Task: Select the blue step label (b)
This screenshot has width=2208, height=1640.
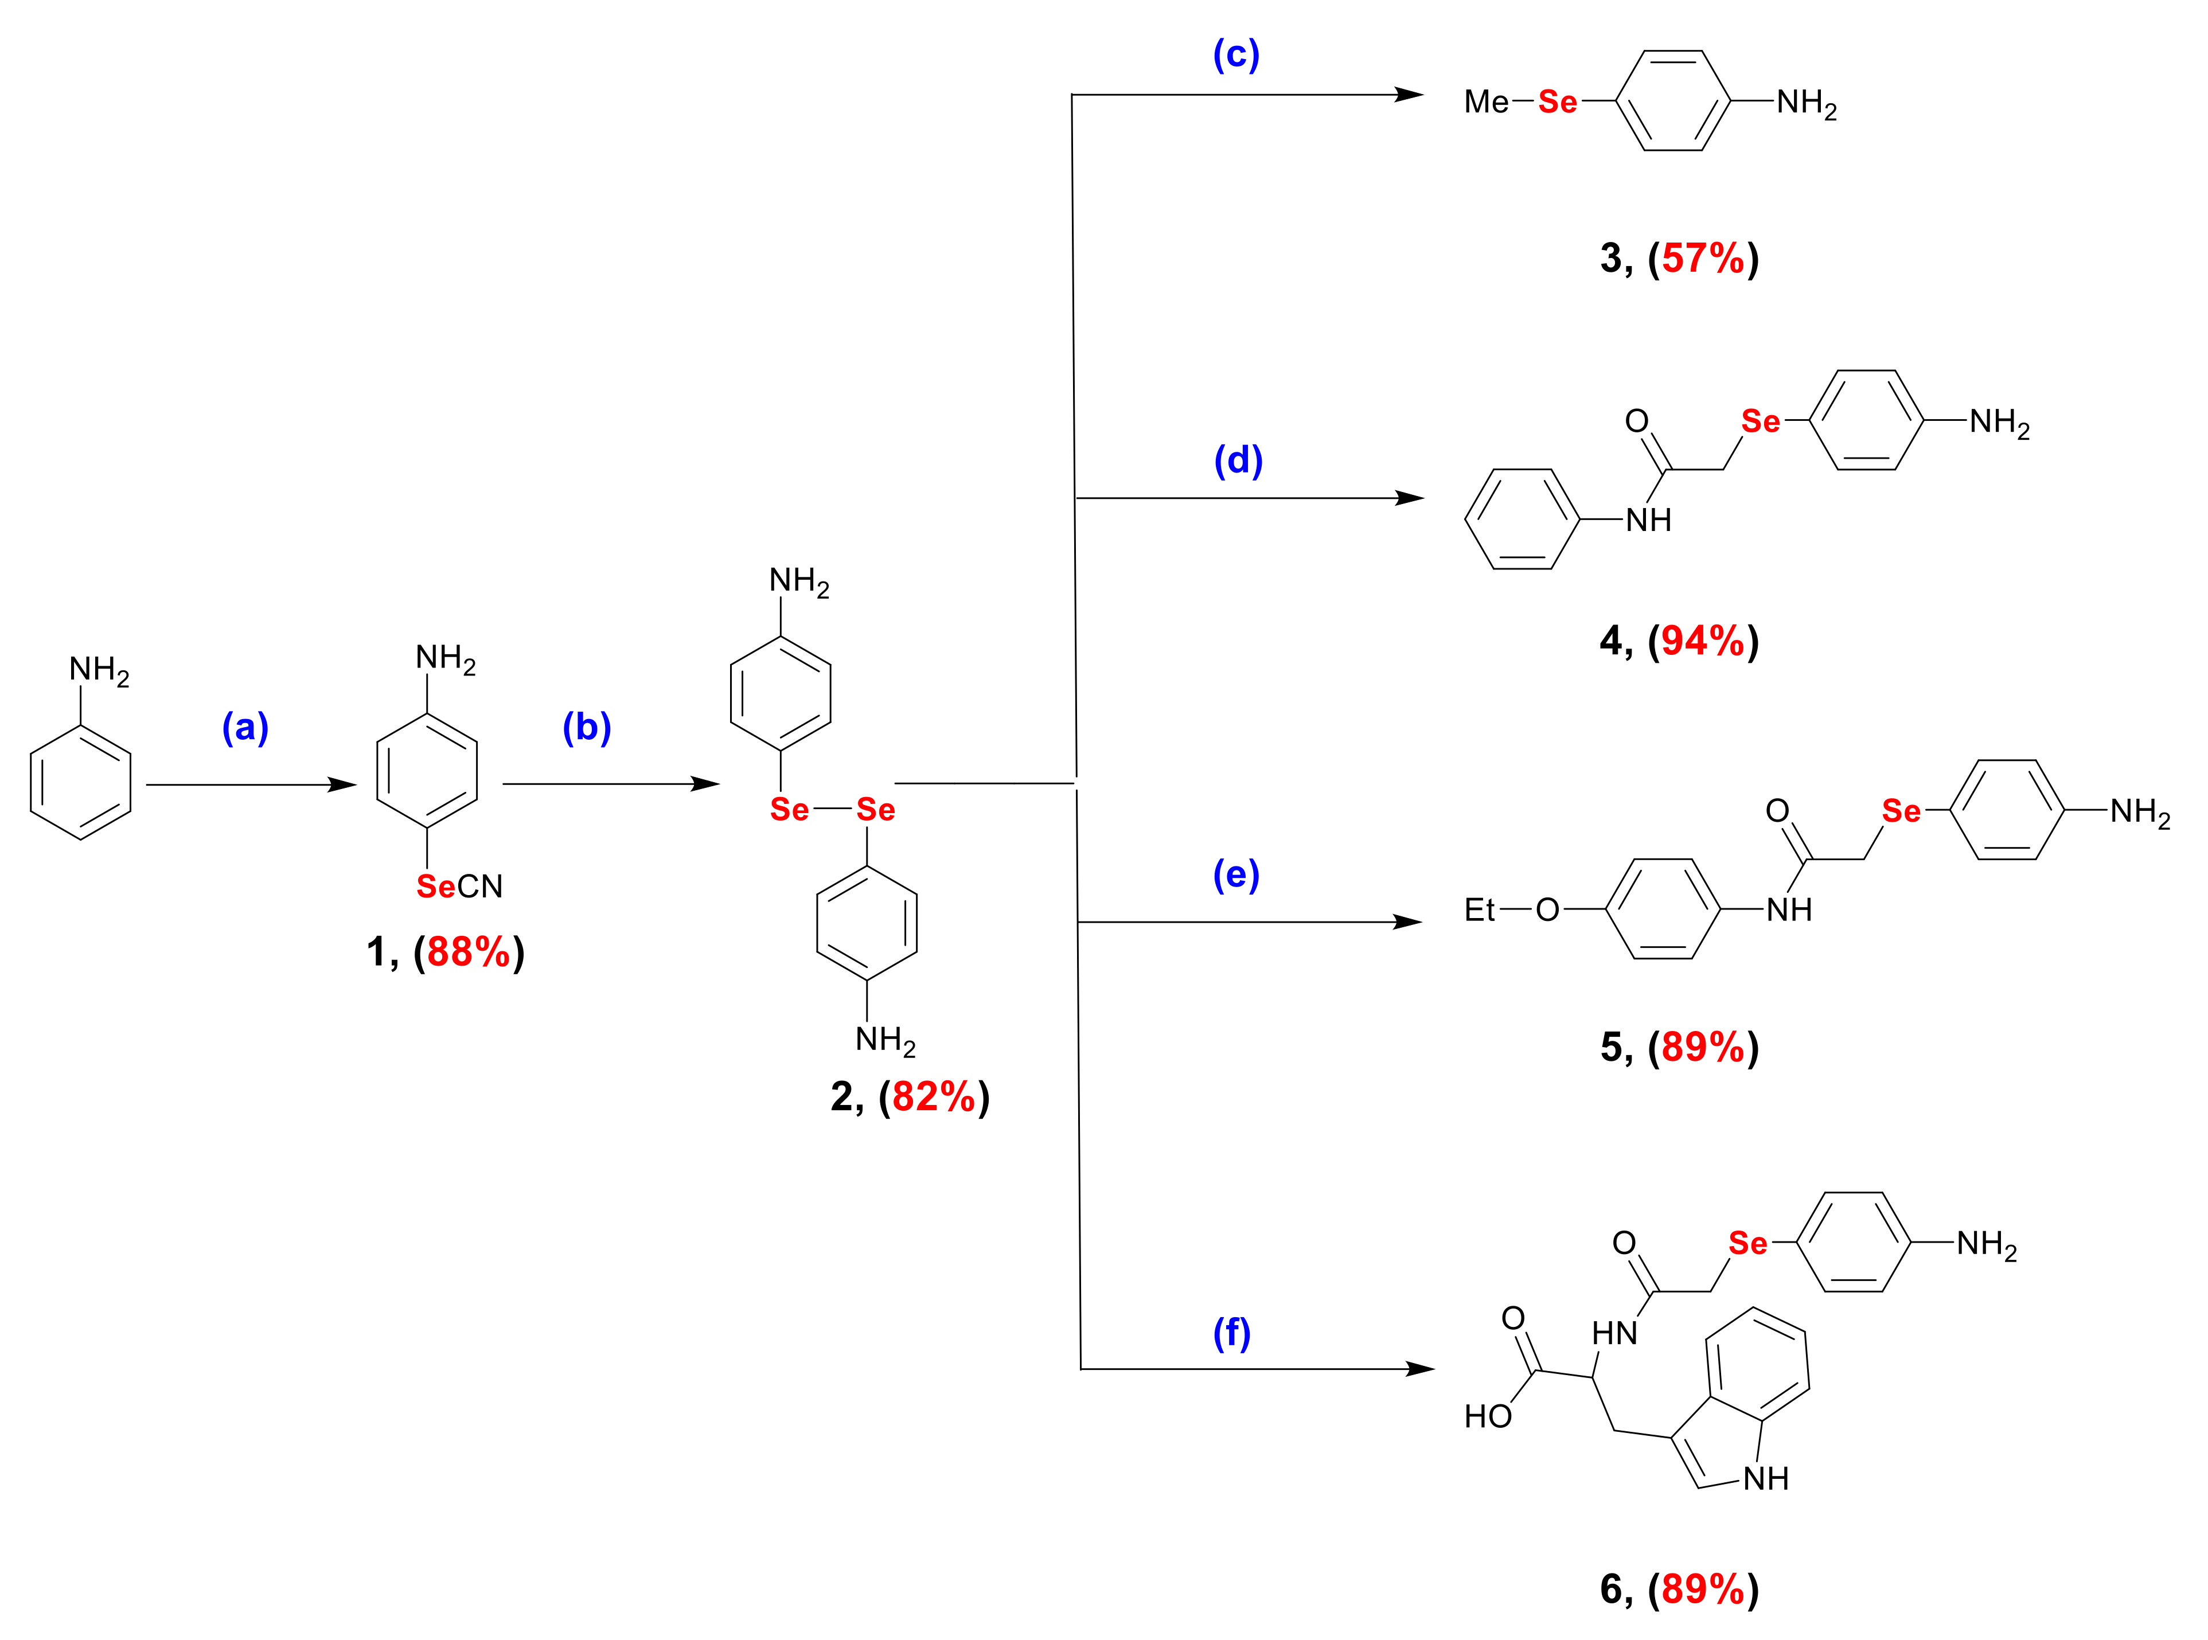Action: [587, 728]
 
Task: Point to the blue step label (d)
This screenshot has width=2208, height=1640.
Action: [1238, 460]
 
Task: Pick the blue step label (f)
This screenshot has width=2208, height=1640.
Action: [1232, 1333]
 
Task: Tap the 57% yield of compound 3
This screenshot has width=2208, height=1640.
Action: [1703, 258]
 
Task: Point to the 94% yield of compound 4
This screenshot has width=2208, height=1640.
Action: [1703, 641]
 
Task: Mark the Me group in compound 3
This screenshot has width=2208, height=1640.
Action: [1486, 102]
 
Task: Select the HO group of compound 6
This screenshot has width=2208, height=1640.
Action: [1487, 1416]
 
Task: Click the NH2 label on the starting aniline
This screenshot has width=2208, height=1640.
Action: [98, 671]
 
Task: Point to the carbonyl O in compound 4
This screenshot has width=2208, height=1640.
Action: [1636, 422]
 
